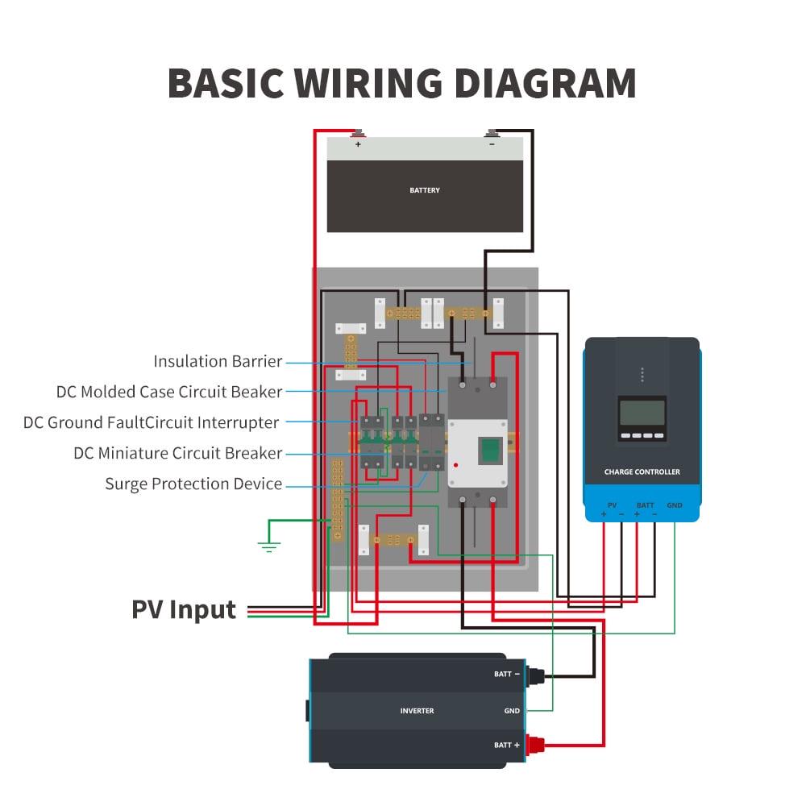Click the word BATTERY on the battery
click(x=425, y=190)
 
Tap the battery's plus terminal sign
click(x=358, y=145)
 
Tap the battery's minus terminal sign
click(x=492, y=145)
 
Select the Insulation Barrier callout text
click(x=218, y=361)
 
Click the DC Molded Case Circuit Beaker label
click(x=169, y=392)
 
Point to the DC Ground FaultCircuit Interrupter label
click(x=152, y=422)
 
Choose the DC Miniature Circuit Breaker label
click(x=177, y=453)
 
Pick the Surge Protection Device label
click(x=193, y=484)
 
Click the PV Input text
click(x=184, y=609)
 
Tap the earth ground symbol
click(x=268, y=546)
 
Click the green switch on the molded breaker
click(x=488, y=450)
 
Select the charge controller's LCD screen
click(x=642, y=413)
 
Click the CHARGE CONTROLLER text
click(x=642, y=472)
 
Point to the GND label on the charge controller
click(x=675, y=505)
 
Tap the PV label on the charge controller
click(x=612, y=505)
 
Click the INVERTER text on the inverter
click(x=417, y=711)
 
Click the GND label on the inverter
click(x=512, y=711)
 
